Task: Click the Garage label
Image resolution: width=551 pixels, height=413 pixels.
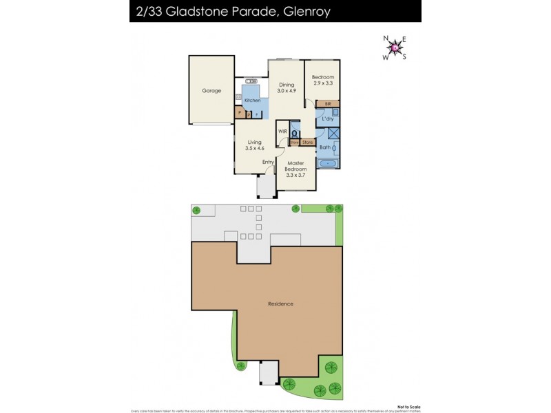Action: [x=211, y=90]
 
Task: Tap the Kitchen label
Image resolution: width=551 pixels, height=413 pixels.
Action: [x=252, y=100]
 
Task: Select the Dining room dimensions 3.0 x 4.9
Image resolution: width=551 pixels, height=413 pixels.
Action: [x=286, y=90]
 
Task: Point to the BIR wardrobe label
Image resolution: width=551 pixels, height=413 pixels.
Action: [x=328, y=104]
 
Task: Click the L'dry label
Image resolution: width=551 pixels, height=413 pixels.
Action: [x=328, y=119]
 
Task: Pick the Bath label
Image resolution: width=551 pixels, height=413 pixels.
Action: [x=325, y=147]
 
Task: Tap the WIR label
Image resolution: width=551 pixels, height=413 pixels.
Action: [x=282, y=131]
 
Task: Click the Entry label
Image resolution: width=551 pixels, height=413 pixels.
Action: [x=267, y=162]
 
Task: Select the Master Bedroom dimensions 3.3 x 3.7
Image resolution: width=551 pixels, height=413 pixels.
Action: [x=295, y=175]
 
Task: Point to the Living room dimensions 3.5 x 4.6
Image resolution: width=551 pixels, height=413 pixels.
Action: [x=255, y=148]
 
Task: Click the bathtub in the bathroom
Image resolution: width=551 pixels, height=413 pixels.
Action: [x=326, y=165]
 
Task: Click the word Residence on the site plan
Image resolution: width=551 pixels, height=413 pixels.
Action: [x=280, y=304]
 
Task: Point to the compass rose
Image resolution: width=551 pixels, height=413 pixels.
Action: [x=395, y=47]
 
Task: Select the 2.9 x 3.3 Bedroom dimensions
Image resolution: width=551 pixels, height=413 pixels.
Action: [x=322, y=83]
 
